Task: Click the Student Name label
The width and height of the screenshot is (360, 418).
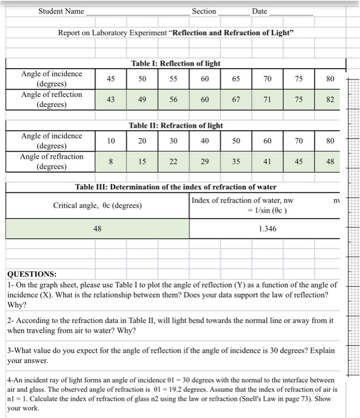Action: tap(61, 11)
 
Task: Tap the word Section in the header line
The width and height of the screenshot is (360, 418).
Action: tap(204, 11)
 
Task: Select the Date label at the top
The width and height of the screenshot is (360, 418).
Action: tap(260, 11)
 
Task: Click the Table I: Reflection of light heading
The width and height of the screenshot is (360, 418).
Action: tap(176, 63)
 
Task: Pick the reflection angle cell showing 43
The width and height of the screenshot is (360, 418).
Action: tap(111, 100)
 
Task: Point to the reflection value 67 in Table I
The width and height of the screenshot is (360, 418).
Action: tap(236, 100)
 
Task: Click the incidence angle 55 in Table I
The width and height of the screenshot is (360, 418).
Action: tap(173, 79)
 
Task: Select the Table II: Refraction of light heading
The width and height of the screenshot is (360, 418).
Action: tap(176, 125)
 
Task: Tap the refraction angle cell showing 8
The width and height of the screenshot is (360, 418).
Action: tap(111, 161)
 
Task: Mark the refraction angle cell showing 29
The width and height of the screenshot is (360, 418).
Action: tap(205, 161)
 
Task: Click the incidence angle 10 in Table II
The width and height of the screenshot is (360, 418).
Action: tap(111, 141)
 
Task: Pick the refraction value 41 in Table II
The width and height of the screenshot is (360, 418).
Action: tap(267, 161)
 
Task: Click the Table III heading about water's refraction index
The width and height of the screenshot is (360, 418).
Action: tap(176, 187)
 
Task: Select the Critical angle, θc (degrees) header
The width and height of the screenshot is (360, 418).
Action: tap(97, 205)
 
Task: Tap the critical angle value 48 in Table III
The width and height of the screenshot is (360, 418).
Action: tap(97, 228)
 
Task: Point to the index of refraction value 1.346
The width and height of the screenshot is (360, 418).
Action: tap(267, 228)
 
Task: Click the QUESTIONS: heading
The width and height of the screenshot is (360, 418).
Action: tap(32, 274)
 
